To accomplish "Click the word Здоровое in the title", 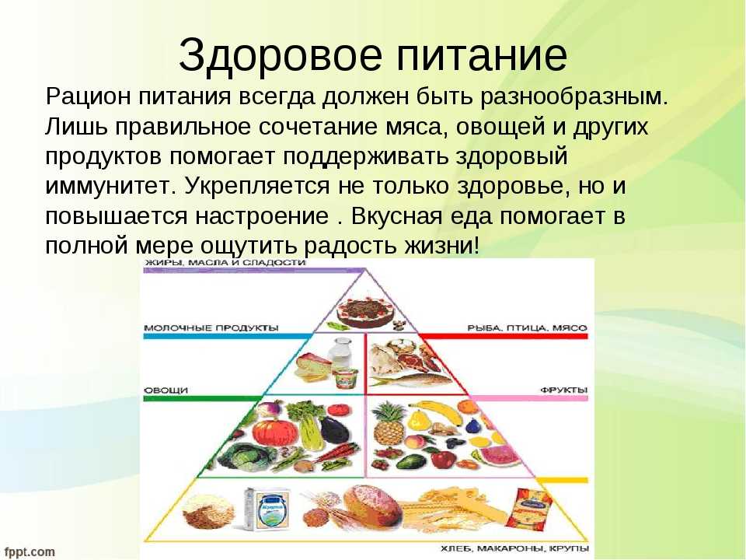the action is tap(281, 56).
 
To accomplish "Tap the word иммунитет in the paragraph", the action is tap(107, 186).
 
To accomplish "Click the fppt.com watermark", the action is tap(30, 552).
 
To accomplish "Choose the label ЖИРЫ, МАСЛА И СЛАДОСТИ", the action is tap(225, 263).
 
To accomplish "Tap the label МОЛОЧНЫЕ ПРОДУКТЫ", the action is tap(211, 328).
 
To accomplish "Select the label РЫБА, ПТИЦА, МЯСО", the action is tap(527, 328).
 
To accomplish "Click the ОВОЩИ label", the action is tap(166, 390).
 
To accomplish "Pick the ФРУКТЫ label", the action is tap(564, 390).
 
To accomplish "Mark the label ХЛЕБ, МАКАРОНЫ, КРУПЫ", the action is tap(514, 549).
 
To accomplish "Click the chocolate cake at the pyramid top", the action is tap(365, 313).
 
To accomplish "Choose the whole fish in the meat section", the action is tap(413, 379).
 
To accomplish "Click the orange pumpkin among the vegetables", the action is tap(270, 429).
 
